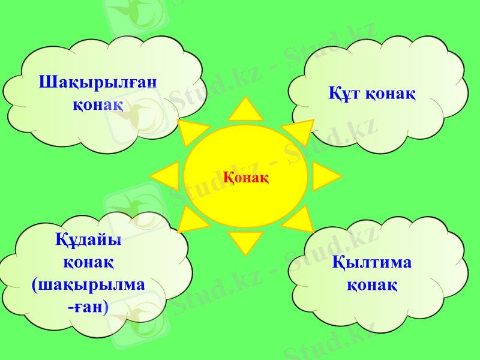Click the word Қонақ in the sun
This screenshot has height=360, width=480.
tap(246, 178)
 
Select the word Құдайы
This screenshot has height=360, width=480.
tap(88, 239)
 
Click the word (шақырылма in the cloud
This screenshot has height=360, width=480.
tap(88, 284)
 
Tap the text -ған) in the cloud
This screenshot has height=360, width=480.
tap(88, 307)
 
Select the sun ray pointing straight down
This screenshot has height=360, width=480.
tap(245, 242)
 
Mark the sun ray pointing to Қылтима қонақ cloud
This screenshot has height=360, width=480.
tap(299, 220)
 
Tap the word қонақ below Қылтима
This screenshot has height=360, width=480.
tap(371, 284)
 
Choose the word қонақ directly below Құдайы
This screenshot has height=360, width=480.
tap(88, 262)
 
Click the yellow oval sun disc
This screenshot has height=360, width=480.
tap(245, 150)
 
